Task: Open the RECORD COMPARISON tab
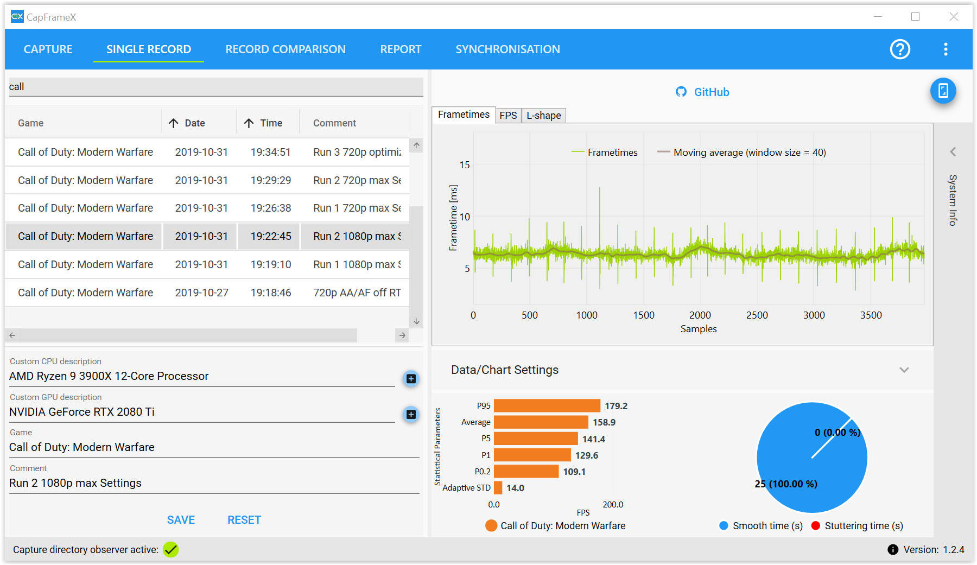point(286,49)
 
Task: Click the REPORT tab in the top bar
point(401,49)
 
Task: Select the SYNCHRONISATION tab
point(507,49)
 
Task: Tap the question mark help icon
point(900,49)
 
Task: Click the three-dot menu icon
point(946,49)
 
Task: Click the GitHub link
point(702,92)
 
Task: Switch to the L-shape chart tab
point(544,116)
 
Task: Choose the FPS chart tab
point(508,116)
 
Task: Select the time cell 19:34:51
point(271,152)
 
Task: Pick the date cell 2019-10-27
point(201,293)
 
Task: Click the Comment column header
point(334,123)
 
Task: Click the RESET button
point(244,520)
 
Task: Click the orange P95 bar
point(547,406)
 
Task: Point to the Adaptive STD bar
point(498,488)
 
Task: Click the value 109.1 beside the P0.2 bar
point(574,472)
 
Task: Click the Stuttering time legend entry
point(857,525)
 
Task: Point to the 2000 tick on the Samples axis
point(700,315)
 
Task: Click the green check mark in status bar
point(171,550)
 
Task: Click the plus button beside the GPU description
point(411,415)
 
